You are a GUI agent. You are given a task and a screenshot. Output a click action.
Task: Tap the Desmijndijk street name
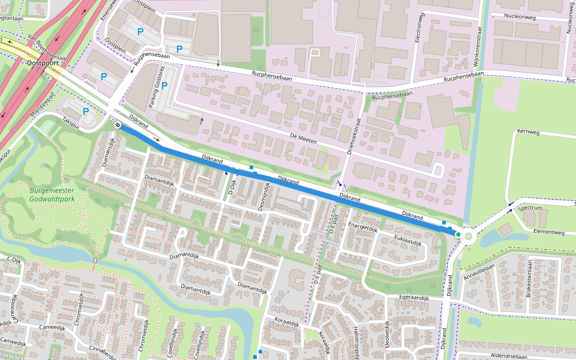pos(265,196)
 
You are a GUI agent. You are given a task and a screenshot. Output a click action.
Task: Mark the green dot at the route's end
pos(458,235)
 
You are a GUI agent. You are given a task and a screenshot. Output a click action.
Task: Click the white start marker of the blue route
pos(119,125)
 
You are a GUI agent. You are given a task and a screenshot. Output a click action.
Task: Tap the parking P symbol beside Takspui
pos(86,111)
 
